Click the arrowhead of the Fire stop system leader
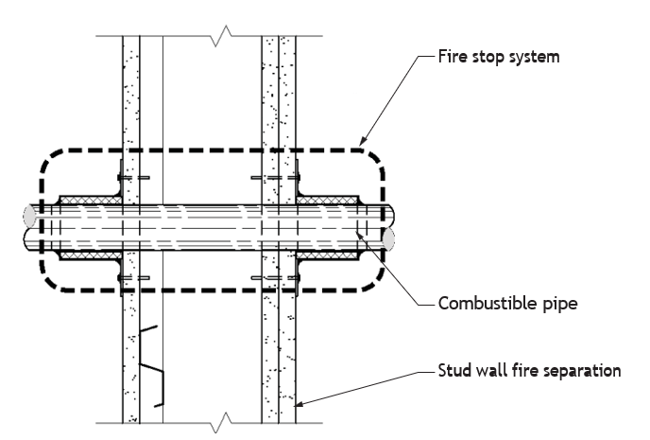tap(362, 141)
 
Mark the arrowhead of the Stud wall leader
tap(299, 403)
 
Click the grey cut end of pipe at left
tap(29, 216)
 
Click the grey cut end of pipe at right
tap(388, 239)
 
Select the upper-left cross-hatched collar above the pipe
tap(91, 200)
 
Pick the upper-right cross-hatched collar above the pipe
tap(327, 200)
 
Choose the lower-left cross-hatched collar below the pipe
tap(91, 255)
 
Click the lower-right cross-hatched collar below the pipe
tap(327, 255)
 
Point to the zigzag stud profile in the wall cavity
tap(151, 366)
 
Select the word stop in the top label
tap(487, 58)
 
